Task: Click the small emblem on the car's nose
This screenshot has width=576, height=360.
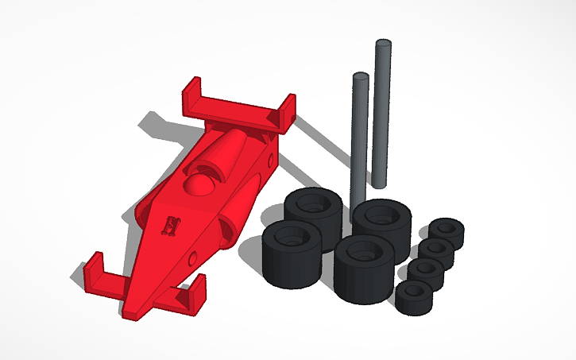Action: [x=171, y=226]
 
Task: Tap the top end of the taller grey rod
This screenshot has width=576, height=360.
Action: [x=384, y=44]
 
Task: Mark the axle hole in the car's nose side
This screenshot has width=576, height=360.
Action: [x=193, y=258]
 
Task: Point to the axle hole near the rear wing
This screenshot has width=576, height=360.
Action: [x=272, y=162]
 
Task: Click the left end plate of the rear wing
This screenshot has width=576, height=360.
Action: [x=191, y=99]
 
